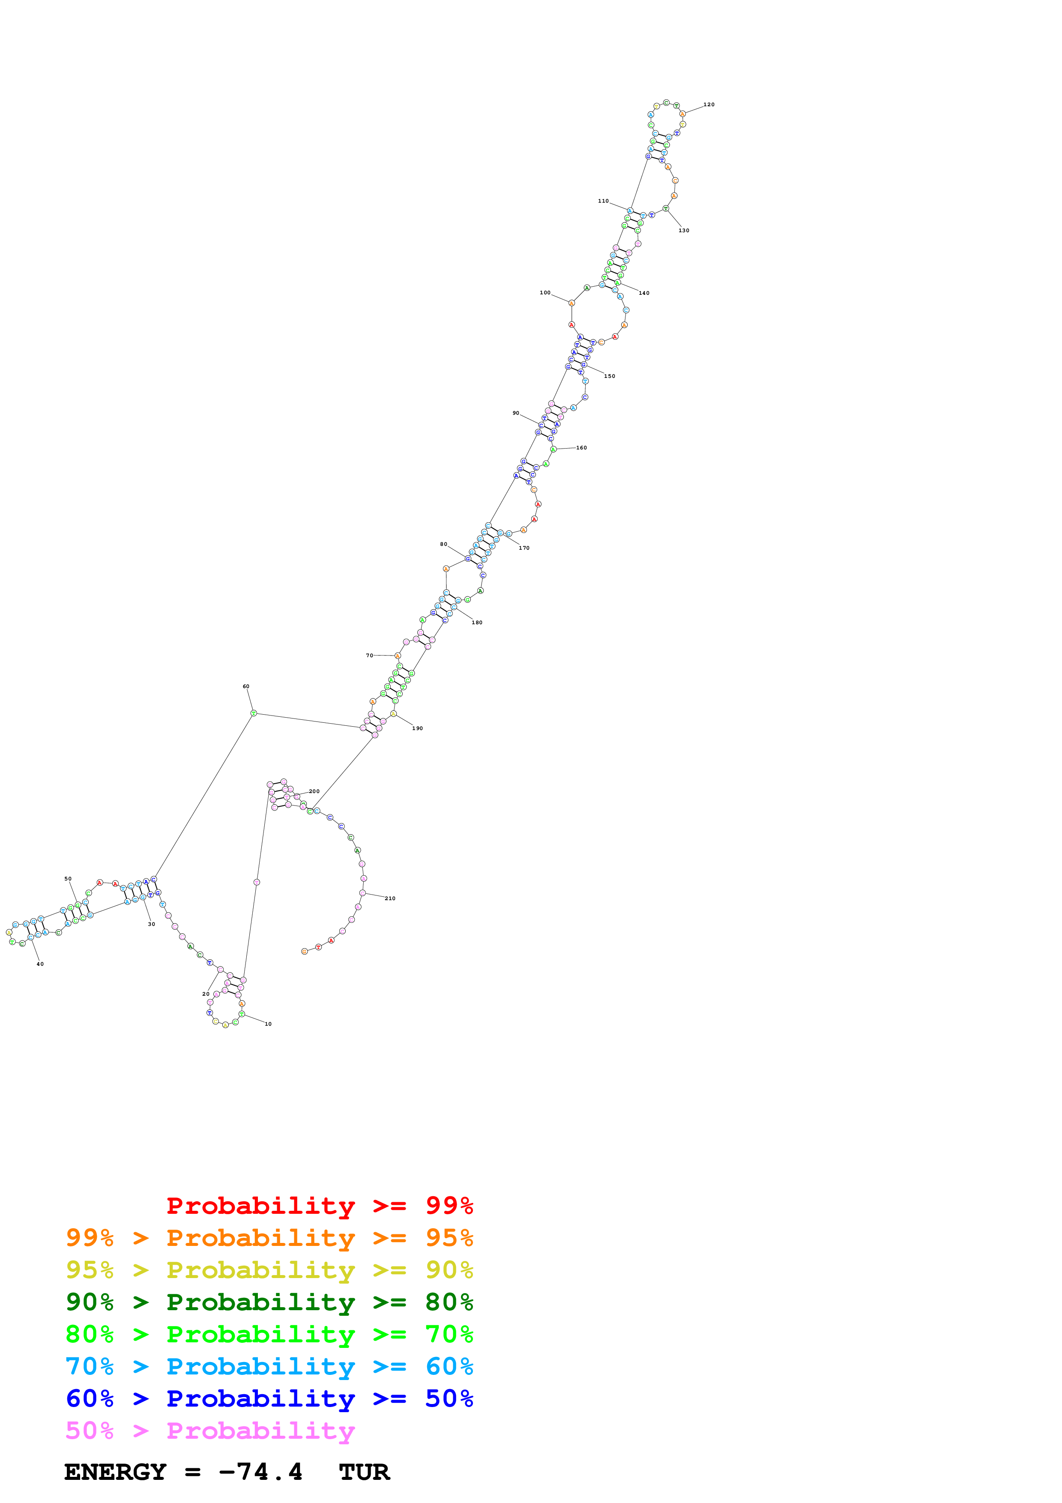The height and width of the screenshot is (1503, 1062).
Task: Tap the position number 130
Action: coord(684,231)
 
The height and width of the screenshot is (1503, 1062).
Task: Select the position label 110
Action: coord(603,201)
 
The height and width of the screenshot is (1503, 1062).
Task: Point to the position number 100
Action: coord(544,293)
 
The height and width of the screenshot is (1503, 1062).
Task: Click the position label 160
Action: coord(581,448)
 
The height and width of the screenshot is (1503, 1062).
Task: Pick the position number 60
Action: coord(246,687)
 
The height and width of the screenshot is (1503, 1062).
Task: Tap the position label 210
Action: coord(390,898)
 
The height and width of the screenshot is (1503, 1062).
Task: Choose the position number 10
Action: coord(268,1024)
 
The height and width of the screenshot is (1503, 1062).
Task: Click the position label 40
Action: coord(40,964)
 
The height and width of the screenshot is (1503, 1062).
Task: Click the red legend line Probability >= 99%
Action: coord(319,1206)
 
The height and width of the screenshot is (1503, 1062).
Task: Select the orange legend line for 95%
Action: coord(269,1238)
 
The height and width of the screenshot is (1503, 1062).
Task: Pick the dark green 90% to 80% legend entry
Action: coord(269,1302)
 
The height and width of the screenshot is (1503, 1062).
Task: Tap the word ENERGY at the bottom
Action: coord(115,1472)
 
